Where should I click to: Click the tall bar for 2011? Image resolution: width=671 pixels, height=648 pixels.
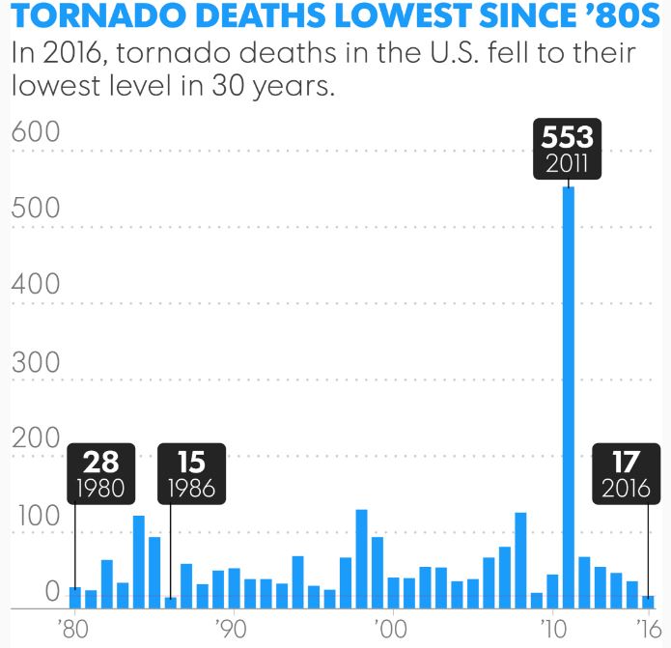pos(569,396)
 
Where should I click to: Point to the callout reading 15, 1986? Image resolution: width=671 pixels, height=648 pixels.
pos(192,473)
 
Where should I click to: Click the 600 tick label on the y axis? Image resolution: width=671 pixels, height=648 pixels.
pos(36,134)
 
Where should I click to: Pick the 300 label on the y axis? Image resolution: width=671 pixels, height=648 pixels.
pos(36,363)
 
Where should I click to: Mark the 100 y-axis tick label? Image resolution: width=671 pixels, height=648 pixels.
pos(36,516)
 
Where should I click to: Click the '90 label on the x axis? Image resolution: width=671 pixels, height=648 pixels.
pos(231,628)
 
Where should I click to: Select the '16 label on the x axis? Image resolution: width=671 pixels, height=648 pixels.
pos(645,628)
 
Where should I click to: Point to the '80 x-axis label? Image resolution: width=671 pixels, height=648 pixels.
pos(72,628)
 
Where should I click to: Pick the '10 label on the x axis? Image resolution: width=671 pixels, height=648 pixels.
pos(551,628)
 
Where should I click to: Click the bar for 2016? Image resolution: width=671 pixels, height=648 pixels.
pos(648,602)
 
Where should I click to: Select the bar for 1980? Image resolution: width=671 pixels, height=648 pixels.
pos(74,598)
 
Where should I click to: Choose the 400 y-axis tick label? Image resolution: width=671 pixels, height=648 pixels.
pos(36,287)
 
